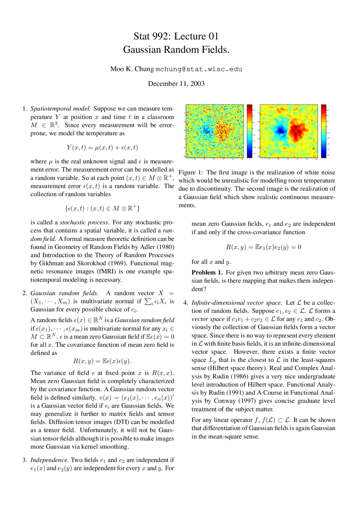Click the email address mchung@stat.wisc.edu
[x=199, y=69]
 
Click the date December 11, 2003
[x=176, y=84]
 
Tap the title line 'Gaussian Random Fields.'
[x=176, y=50]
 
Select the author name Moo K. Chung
[x=132, y=69]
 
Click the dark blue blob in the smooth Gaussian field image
[x=281, y=130]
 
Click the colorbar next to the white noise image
[x=249, y=131]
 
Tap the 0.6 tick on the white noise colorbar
[x=253, y=110]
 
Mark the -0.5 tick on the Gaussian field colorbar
[x=328, y=155]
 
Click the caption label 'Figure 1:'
[x=191, y=173]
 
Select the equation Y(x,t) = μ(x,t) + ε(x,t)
[x=102, y=148]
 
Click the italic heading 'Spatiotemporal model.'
[x=60, y=109]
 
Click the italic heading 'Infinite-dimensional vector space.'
[x=237, y=303]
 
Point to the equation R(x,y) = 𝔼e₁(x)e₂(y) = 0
[x=264, y=247]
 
